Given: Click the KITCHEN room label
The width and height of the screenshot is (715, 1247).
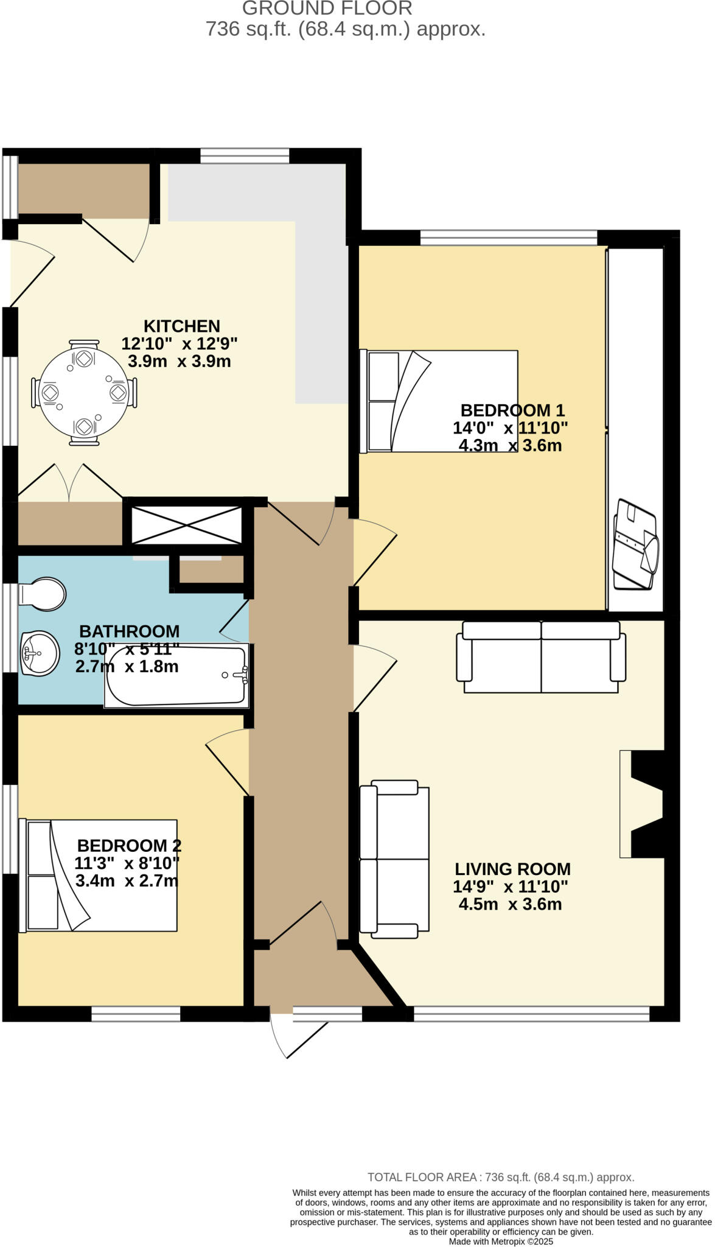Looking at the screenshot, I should coord(181,326).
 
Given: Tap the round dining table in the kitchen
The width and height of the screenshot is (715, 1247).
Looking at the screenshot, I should coord(83,393).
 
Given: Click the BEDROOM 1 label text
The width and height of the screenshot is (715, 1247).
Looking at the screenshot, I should coord(512,410).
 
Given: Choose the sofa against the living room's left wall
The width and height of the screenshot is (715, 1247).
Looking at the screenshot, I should coord(394,859).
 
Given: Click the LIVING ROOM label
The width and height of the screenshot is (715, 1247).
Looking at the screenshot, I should coord(512,869).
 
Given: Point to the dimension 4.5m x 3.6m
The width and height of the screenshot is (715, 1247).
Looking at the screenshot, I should coord(510,904).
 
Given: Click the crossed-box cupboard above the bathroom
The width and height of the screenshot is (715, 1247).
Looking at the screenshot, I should coord(187,525).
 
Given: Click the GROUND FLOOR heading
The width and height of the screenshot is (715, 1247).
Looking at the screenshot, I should coord(327,9).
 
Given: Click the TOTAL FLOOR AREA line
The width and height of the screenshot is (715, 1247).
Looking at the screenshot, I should coord(501,1178).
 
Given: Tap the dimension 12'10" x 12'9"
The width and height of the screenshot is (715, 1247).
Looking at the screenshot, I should coord(180,343).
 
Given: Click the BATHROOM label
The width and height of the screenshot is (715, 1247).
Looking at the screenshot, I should coord(129,631).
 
